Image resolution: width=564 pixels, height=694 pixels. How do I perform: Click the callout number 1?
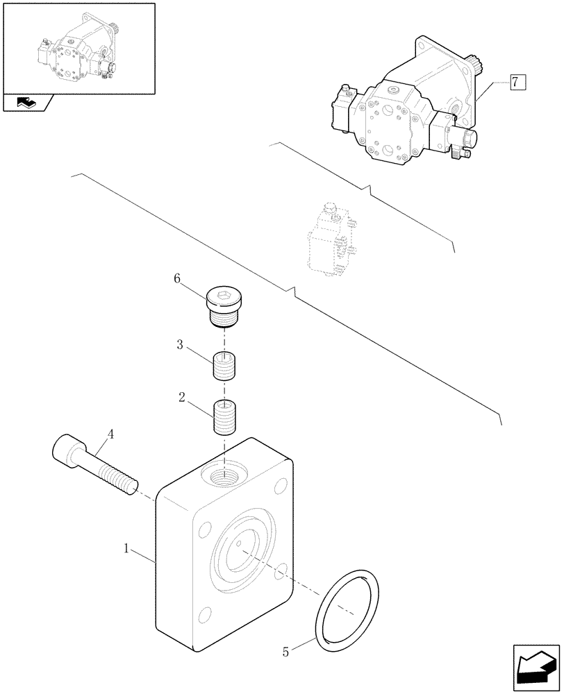[x=127, y=549]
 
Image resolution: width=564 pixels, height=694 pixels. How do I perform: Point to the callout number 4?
[x=110, y=436]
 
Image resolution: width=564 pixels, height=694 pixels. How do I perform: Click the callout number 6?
[x=177, y=278]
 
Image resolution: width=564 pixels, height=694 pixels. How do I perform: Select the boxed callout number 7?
[x=515, y=83]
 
